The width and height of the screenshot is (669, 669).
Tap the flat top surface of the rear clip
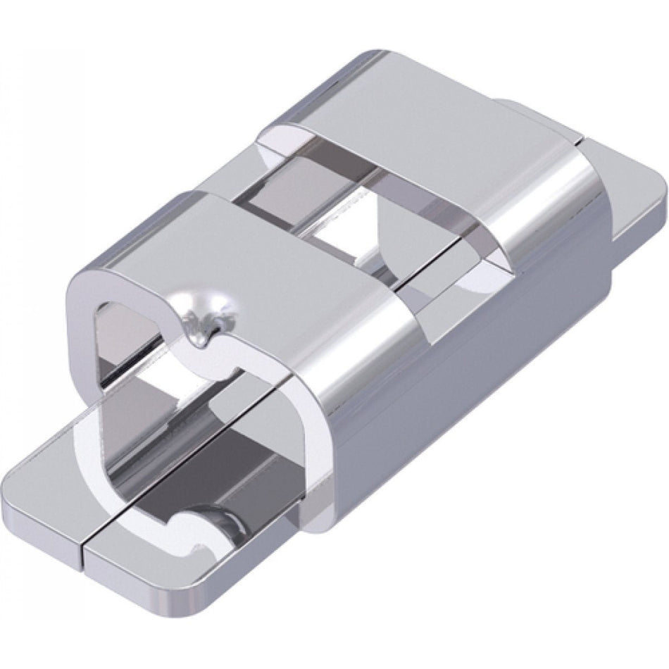(x=415, y=106)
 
